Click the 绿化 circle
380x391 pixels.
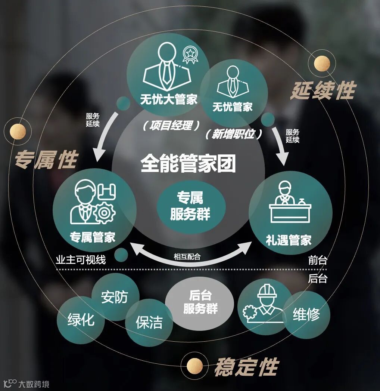click(81, 320)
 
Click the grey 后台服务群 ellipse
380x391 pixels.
click(200, 303)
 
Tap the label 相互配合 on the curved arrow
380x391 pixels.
click(187, 257)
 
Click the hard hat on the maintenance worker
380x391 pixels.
click(267, 291)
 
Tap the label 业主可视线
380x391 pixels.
click(81, 259)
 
